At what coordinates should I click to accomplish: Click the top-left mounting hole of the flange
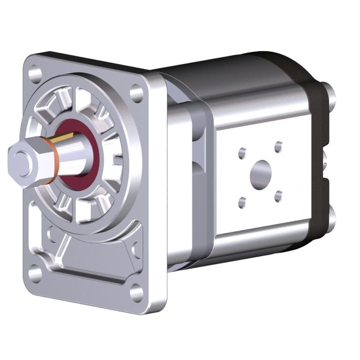pyautogui.click(x=34, y=75)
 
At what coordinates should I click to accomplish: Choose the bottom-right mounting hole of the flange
pyautogui.click(x=136, y=292)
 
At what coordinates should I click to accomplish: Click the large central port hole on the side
pyautogui.click(x=261, y=173)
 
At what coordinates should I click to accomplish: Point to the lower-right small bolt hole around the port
pyautogui.click(x=278, y=195)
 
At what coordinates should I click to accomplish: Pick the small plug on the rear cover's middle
pyautogui.click(x=325, y=159)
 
